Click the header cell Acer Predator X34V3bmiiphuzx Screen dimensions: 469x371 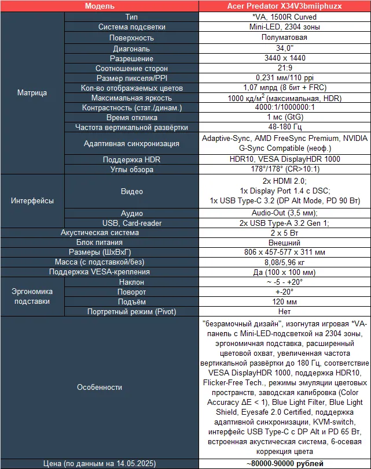pyautogui.click(x=284, y=6)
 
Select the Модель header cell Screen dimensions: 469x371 pyautogui.click(x=99, y=6)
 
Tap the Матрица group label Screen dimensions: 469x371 pyautogui.click(x=32, y=92)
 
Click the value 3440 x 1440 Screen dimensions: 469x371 pyautogui.click(x=284, y=58)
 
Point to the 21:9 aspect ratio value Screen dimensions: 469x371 pyautogui.click(x=284, y=68)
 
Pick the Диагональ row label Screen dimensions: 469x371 pyautogui.click(x=131, y=49)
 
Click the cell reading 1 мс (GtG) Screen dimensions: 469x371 pyautogui.click(x=284, y=117)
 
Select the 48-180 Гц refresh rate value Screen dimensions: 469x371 pyautogui.click(x=284, y=127)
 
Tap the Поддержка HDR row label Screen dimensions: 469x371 pyautogui.click(x=131, y=159)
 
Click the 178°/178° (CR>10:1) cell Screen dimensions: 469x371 pyautogui.click(x=284, y=170)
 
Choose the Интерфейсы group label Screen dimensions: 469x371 pyautogui.click(x=32, y=201)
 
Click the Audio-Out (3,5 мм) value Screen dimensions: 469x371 pyautogui.click(x=284, y=213)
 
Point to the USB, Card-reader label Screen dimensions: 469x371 pyautogui.click(x=131, y=223)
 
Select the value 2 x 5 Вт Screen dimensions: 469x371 pyautogui.click(x=284, y=233)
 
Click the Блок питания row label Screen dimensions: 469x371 pyautogui.click(x=100, y=243)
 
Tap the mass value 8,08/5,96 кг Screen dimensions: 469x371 pyautogui.click(x=284, y=262)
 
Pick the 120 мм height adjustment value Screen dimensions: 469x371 pyautogui.click(x=284, y=301)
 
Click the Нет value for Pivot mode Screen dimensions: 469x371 pyautogui.click(x=284, y=311)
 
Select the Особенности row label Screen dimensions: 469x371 pyautogui.click(x=100, y=387)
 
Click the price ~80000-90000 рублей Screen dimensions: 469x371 pyautogui.click(x=284, y=463)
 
